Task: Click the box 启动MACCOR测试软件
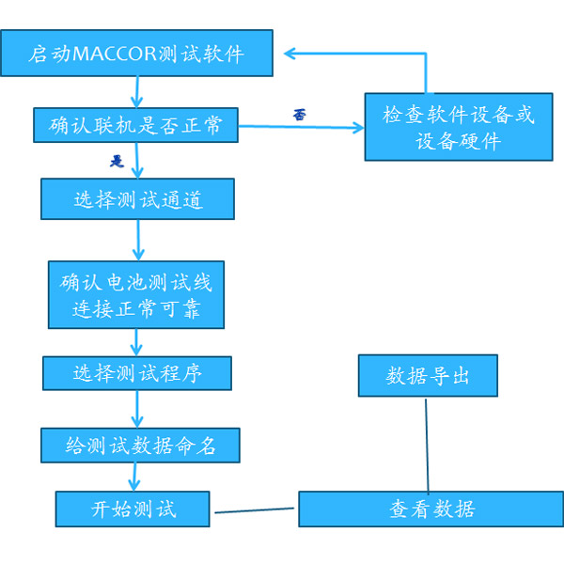[x=136, y=54]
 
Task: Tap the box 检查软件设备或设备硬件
[x=459, y=127]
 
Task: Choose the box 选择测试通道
[x=137, y=199]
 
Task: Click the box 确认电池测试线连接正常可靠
[x=137, y=295]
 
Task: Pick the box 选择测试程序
[x=137, y=373]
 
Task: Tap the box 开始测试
[x=133, y=509]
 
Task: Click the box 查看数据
[x=431, y=509]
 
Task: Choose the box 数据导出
[x=428, y=376]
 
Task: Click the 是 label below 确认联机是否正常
[x=117, y=161]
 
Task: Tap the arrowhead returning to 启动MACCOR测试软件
[x=290, y=53]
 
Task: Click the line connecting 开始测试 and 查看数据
[x=256, y=511]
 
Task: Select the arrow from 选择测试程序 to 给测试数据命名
[x=138, y=409]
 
